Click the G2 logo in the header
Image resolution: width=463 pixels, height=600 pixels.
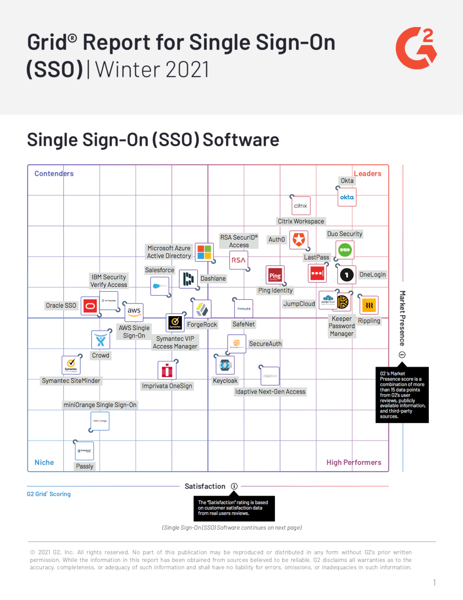(416, 48)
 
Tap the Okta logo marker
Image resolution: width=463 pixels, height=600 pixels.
(347, 197)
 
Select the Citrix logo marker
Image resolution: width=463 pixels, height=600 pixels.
(300, 205)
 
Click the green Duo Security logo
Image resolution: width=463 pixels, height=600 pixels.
(345, 250)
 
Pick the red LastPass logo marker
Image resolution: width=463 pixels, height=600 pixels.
(317, 273)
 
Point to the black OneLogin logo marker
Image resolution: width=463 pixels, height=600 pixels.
(347, 275)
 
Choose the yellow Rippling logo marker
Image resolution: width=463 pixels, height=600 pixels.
(369, 305)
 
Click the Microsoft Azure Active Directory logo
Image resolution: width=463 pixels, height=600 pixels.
(204, 252)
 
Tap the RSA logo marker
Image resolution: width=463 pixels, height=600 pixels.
(238, 260)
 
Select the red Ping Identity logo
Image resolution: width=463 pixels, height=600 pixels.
(275, 275)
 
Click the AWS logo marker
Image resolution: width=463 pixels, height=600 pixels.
(134, 312)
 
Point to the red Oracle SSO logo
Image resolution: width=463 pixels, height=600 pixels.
(90, 306)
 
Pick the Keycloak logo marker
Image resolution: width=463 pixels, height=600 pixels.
(225, 365)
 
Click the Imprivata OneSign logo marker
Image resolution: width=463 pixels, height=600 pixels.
(167, 370)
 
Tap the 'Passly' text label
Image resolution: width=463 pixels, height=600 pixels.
(85, 466)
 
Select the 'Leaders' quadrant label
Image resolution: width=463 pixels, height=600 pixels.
(367, 174)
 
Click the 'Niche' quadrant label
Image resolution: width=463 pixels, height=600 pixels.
(44, 462)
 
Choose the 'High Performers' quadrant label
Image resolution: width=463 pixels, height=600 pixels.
(354, 462)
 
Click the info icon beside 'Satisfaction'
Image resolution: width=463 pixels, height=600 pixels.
(234, 486)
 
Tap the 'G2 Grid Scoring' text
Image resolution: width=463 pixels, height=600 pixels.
(49, 494)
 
